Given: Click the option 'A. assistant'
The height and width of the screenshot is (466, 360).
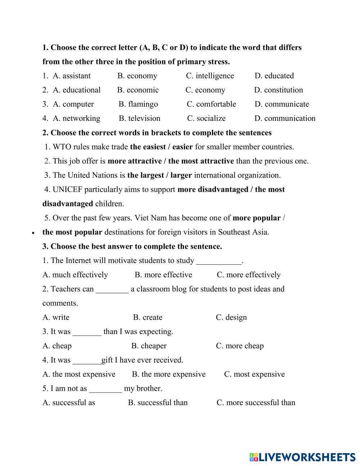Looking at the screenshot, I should [72, 76].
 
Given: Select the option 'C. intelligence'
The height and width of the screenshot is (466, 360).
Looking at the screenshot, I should [210, 76].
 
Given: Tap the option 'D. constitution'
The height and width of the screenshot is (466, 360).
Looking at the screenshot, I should [278, 90].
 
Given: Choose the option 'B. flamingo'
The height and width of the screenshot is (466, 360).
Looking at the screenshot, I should [138, 104].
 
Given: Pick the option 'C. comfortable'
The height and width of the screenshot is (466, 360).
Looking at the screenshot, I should [211, 104].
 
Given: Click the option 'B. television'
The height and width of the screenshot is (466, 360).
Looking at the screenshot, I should [139, 118].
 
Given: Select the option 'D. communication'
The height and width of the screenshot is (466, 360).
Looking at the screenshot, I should [285, 118].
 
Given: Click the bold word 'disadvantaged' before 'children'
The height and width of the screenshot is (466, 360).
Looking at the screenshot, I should [68, 203].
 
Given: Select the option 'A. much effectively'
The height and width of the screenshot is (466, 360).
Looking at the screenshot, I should [75, 275].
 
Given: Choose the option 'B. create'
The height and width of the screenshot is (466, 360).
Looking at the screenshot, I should [148, 317].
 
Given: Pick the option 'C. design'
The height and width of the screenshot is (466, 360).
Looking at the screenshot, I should [231, 317].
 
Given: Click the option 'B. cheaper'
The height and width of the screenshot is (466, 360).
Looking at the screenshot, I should [149, 346].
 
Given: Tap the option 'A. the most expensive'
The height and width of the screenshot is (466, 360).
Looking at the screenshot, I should [79, 374].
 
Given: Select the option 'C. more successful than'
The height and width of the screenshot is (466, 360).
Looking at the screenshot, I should [256, 403].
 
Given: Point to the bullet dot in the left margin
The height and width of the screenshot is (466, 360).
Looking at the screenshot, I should [33, 233].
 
